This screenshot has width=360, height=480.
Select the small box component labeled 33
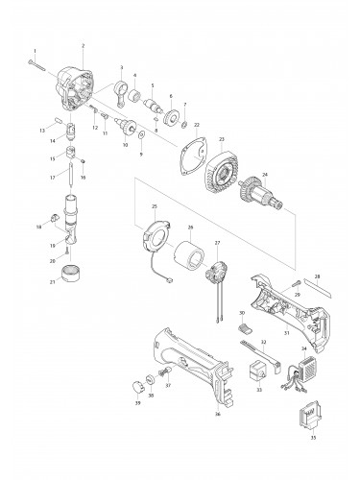pyautogui.click(x=256, y=370)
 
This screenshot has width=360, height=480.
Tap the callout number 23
pyautogui.click(x=221, y=138)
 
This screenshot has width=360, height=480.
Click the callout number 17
pyautogui.click(x=54, y=176)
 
